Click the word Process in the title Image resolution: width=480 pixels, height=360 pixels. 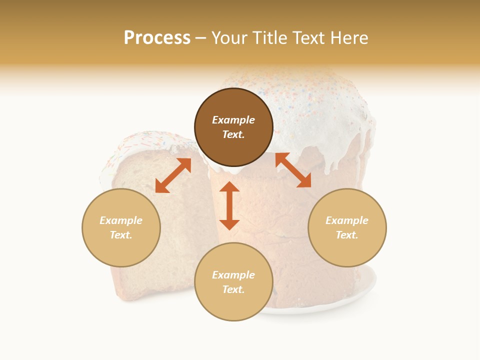tap(157, 38)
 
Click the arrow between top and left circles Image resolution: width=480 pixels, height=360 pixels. tap(173, 175)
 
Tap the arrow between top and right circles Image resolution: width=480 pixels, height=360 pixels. tap(293, 170)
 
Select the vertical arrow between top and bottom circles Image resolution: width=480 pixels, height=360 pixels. tap(229, 205)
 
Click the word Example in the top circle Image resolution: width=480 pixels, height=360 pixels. tap(233, 120)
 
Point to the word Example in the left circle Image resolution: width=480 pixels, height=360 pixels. tap(121, 220)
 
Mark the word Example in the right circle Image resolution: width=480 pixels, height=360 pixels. tap(347, 220)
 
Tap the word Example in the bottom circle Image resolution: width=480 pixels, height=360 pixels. tap(233, 275)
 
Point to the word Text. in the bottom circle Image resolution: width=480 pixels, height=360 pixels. tap(233, 289)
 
